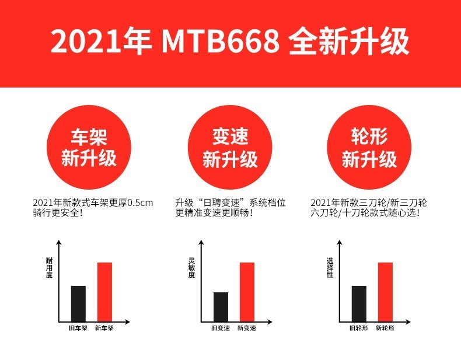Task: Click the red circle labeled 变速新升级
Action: [230, 147]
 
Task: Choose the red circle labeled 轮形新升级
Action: [369, 147]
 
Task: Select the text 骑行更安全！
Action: [58, 214]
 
